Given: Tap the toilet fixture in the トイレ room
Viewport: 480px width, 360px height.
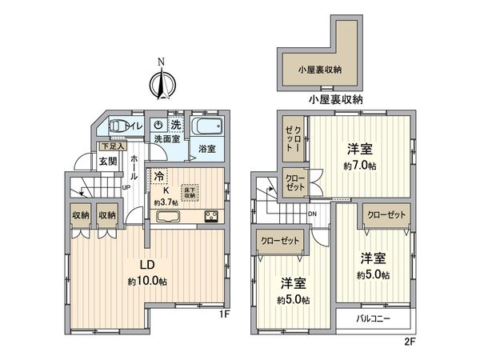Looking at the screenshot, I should (118, 126).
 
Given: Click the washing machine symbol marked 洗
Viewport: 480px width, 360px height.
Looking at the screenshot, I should (176, 125).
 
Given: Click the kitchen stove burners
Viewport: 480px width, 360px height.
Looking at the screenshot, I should (212, 215).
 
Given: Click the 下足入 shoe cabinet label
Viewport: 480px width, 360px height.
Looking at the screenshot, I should (110, 146).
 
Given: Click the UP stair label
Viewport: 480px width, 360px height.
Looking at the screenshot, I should (126, 188).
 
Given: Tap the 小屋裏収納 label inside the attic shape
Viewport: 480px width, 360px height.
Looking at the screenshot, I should (320, 70).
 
